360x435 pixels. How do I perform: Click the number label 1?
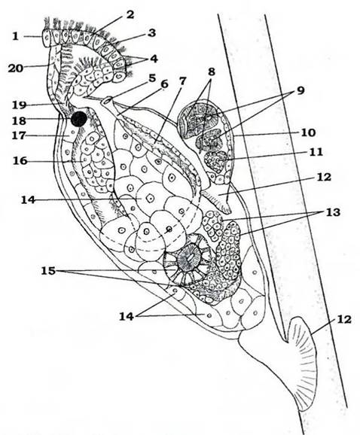(x=16, y=36)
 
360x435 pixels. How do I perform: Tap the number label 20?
(x=15, y=68)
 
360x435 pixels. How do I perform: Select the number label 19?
(x=19, y=105)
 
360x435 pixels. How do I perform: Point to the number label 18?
(x=19, y=120)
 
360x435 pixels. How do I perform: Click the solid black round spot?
(x=79, y=119)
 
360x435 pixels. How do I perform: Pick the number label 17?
(x=19, y=135)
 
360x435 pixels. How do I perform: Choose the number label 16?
(x=20, y=160)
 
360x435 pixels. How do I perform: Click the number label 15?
(x=48, y=270)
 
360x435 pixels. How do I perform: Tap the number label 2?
(x=130, y=15)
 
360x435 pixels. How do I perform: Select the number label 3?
(x=151, y=33)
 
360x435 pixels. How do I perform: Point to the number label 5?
(x=152, y=78)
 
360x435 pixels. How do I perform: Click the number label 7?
(x=183, y=81)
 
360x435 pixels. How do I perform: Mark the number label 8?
(x=211, y=71)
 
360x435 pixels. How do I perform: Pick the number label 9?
(x=301, y=90)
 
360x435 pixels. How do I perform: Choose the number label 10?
(x=308, y=132)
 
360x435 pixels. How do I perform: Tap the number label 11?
(x=316, y=152)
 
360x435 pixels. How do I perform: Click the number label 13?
(x=333, y=212)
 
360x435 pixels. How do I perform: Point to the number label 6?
(x=165, y=84)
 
